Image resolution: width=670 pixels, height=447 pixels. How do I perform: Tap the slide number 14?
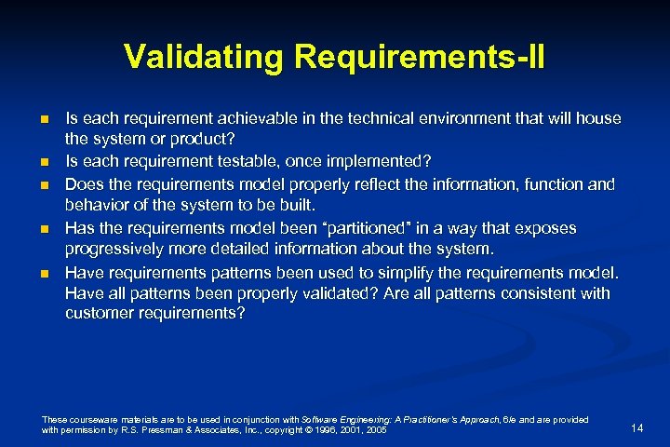coord(637,427)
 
